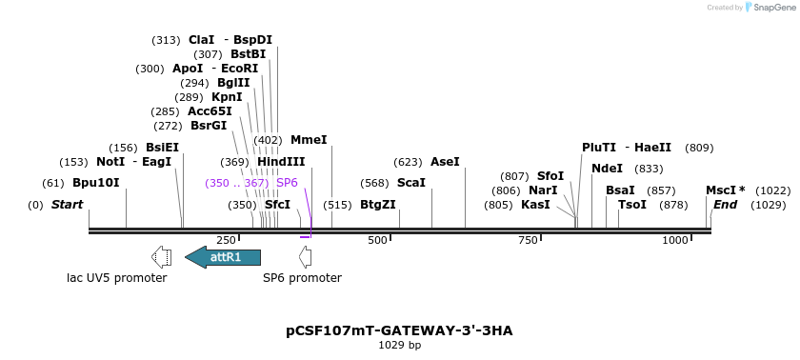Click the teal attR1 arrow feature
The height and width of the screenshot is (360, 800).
(223, 256)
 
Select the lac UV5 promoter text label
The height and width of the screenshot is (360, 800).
(117, 278)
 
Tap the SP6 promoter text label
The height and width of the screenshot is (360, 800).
(302, 278)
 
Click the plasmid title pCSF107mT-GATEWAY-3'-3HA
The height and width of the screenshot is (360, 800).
(399, 330)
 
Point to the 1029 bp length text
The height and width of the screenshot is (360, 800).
(399, 345)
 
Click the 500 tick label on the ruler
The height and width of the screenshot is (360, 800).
(377, 241)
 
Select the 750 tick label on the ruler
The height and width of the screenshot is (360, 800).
(528, 241)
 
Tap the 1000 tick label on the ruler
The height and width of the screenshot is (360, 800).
(675, 241)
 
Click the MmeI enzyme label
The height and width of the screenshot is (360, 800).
(309, 140)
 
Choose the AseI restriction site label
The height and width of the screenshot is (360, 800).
(445, 162)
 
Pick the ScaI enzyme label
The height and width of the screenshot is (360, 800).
(411, 183)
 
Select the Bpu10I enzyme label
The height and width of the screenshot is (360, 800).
(96, 183)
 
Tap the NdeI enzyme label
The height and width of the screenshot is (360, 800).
(607, 169)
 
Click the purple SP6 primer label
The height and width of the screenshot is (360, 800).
(287, 183)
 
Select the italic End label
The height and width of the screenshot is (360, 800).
(726, 205)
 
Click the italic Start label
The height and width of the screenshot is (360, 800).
(67, 205)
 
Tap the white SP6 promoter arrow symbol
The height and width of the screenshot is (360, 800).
(305, 256)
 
